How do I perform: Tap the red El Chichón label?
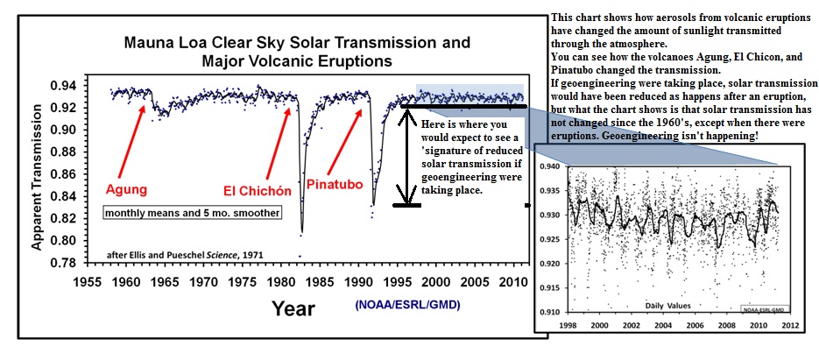pyautogui.click(x=255, y=188)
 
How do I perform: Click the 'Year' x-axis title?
pyautogui.click(x=293, y=307)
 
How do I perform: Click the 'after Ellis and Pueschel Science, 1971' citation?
pyautogui.click(x=185, y=255)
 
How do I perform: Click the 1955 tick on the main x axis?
pyautogui.click(x=86, y=284)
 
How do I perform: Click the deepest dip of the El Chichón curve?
pyautogui.click(x=301, y=233)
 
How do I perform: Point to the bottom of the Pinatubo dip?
pyautogui.click(x=372, y=205)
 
